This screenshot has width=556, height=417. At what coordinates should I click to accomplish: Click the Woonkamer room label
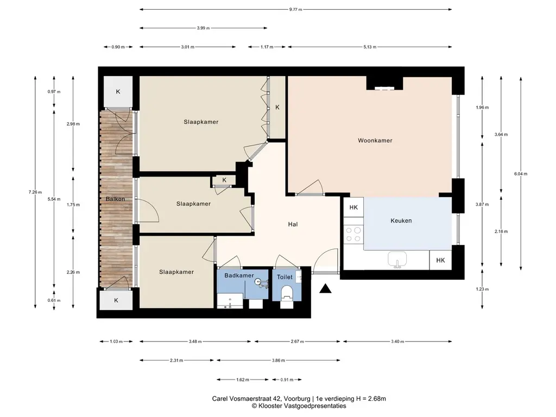(375, 141)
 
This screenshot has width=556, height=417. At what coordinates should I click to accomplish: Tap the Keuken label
(401, 220)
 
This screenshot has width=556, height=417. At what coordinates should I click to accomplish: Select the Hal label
(293, 224)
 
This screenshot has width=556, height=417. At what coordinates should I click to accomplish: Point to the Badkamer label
(239, 275)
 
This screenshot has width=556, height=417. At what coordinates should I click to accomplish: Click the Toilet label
(285, 277)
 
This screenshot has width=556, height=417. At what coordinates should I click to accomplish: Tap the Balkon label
(115, 199)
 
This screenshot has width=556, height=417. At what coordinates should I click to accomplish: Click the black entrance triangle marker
(325, 289)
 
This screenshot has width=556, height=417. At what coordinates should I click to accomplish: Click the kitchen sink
(397, 259)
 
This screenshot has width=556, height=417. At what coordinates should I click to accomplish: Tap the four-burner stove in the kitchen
(353, 235)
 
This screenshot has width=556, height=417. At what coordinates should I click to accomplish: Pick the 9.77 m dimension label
(295, 10)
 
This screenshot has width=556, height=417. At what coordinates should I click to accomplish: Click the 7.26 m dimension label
(35, 192)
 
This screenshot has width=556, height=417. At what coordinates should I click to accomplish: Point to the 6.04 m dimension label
(521, 174)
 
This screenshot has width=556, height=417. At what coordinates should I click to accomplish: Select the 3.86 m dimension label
(279, 361)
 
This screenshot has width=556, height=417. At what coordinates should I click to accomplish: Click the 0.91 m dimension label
(287, 380)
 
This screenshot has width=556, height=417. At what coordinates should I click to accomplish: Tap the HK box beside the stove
(353, 207)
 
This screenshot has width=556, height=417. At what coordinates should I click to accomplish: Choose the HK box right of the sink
(440, 260)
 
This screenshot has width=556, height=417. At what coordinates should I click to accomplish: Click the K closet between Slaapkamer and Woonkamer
(277, 107)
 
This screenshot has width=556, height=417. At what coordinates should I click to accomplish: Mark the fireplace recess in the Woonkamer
(385, 83)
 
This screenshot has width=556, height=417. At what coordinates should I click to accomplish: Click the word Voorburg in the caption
(297, 399)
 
